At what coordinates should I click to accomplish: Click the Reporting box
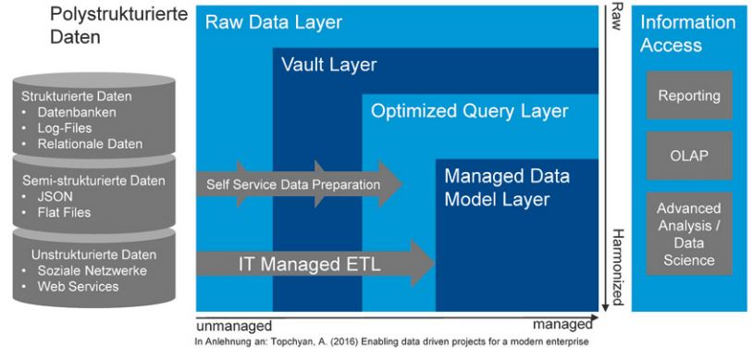pyautogui.click(x=689, y=95)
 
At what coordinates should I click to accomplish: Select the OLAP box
pyautogui.click(x=689, y=155)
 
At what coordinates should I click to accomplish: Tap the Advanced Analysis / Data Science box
pyautogui.click(x=689, y=233)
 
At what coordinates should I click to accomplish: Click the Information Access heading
pyautogui.click(x=687, y=33)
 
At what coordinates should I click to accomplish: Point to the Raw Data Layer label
pyautogui.click(x=274, y=22)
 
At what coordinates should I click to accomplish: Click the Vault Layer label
pyautogui.click(x=329, y=65)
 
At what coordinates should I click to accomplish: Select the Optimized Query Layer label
pyautogui.click(x=470, y=111)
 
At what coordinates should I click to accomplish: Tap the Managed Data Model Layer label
pyautogui.click(x=507, y=188)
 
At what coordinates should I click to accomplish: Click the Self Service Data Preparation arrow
pyautogui.click(x=299, y=184)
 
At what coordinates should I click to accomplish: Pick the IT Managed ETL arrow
pyautogui.click(x=315, y=264)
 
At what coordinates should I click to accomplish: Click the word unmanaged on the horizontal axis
pyautogui.click(x=234, y=326)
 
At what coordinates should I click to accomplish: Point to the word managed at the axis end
pyautogui.click(x=562, y=326)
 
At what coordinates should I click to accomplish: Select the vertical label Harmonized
pyautogui.click(x=618, y=267)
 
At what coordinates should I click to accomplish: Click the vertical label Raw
pyautogui.click(x=618, y=17)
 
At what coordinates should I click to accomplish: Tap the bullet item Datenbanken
pyautogui.click(x=77, y=113)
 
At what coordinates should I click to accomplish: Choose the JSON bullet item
pyautogui.click(x=56, y=196)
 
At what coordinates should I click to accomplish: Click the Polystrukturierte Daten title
pyautogui.click(x=118, y=25)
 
